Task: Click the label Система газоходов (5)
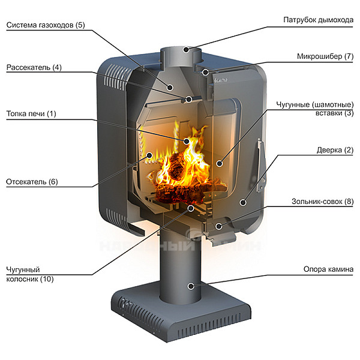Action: pyautogui.click(x=46, y=25)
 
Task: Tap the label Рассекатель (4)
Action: pyautogui.click(x=34, y=67)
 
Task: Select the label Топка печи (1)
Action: pyautogui.click(x=31, y=113)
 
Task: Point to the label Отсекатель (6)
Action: pyautogui.click(x=32, y=182)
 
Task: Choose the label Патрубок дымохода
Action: pyautogui.click(x=318, y=20)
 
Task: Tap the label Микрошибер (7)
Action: pyautogui.click(x=325, y=56)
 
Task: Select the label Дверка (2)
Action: pyautogui.click(x=335, y=150)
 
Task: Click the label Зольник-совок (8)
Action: pyautogui.click(x=323, y=202)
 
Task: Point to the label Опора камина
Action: pyautogui.click(x=328, y=269)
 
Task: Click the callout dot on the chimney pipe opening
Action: pyautogui.click(x=186, y=49)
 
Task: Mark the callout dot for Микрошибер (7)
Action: pyautogui.click(x=205, y=73)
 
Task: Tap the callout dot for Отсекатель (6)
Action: pyautogui.click(x=149, y=155)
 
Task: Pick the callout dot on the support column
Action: pyautogui.click(x=191, y=286)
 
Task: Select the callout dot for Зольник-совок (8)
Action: pyautogui.click(x=219, y=226)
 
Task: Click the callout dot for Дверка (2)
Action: pyautogui.click(x=243, y=203)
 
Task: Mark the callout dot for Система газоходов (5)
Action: pyautogui.click(x=170, y=87)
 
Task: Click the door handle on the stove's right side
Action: pyautogui.click(x=261, y=166)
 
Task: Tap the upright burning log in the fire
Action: pyautogui.click(x=176, y=166)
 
